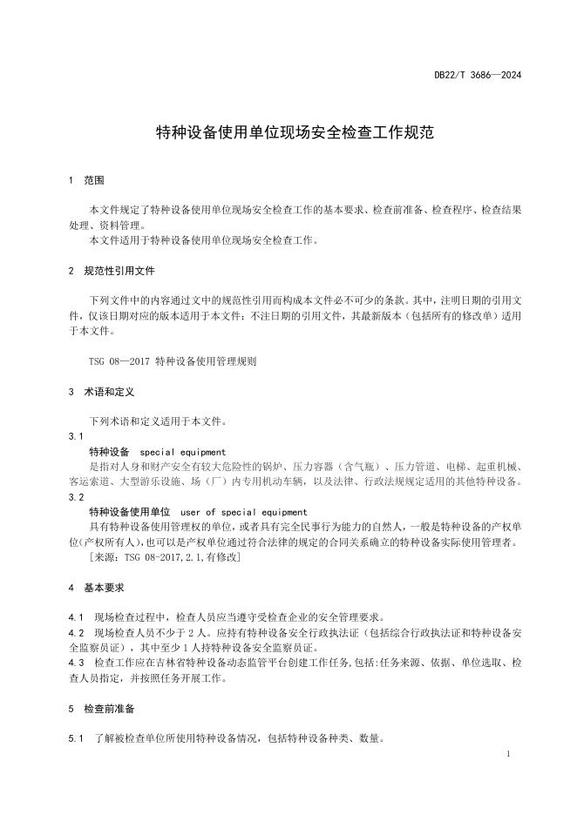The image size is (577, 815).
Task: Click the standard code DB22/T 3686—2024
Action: (x=479, y=76)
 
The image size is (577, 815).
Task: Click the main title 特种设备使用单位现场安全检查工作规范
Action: (x=288, y=132)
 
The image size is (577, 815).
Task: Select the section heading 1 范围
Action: (x=86, y=181)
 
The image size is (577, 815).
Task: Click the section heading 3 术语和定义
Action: (x=101, y=392)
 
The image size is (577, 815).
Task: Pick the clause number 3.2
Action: (x=76, y=497)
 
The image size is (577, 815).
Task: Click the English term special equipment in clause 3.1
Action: (x=183, y=452)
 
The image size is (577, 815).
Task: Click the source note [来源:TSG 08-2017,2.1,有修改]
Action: (x=165, y=557)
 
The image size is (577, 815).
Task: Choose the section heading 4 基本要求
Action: (x=96, y=588)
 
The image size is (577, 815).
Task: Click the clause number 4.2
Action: (x=76, y=633)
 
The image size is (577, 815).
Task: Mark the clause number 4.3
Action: (x=76, y=663)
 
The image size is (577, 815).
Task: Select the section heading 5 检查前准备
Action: (x=101, y=709)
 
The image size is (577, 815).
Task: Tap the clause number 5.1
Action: (x=76, y=739)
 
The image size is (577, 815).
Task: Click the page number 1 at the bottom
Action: (x=508, y=754)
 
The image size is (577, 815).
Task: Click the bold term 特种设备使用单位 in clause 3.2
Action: (x=130, y=512)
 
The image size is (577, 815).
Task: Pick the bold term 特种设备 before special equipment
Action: (x=110, y=452)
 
